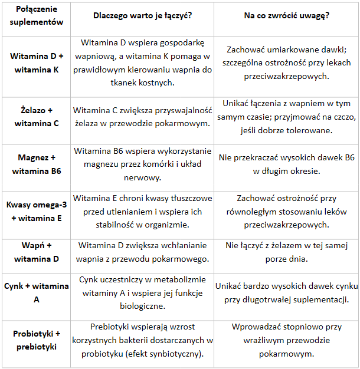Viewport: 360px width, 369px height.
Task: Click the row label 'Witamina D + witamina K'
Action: click(37, 62)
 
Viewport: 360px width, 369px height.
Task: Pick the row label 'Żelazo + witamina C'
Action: click(37, 116)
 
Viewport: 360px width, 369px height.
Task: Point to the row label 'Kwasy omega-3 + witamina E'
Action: click(37, 211)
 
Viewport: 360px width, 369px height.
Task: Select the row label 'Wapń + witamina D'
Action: click(37, 252)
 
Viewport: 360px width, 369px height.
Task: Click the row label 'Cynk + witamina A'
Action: click(37, 292)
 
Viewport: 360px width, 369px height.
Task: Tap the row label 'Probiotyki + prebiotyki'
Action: click(37, 340)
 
